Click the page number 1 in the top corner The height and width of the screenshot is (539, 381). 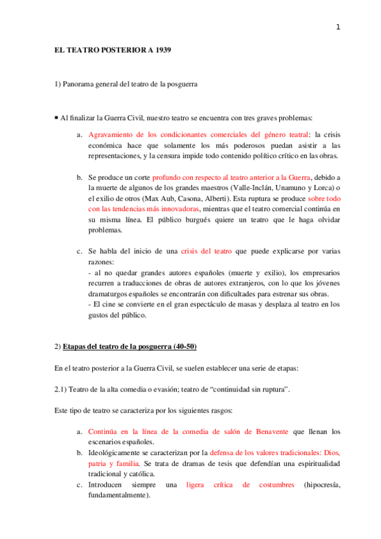(338, 27)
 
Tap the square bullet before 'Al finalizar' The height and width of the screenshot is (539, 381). (56, 118)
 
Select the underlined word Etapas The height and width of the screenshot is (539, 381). (78, 346)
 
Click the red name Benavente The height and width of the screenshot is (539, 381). (268, 432)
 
